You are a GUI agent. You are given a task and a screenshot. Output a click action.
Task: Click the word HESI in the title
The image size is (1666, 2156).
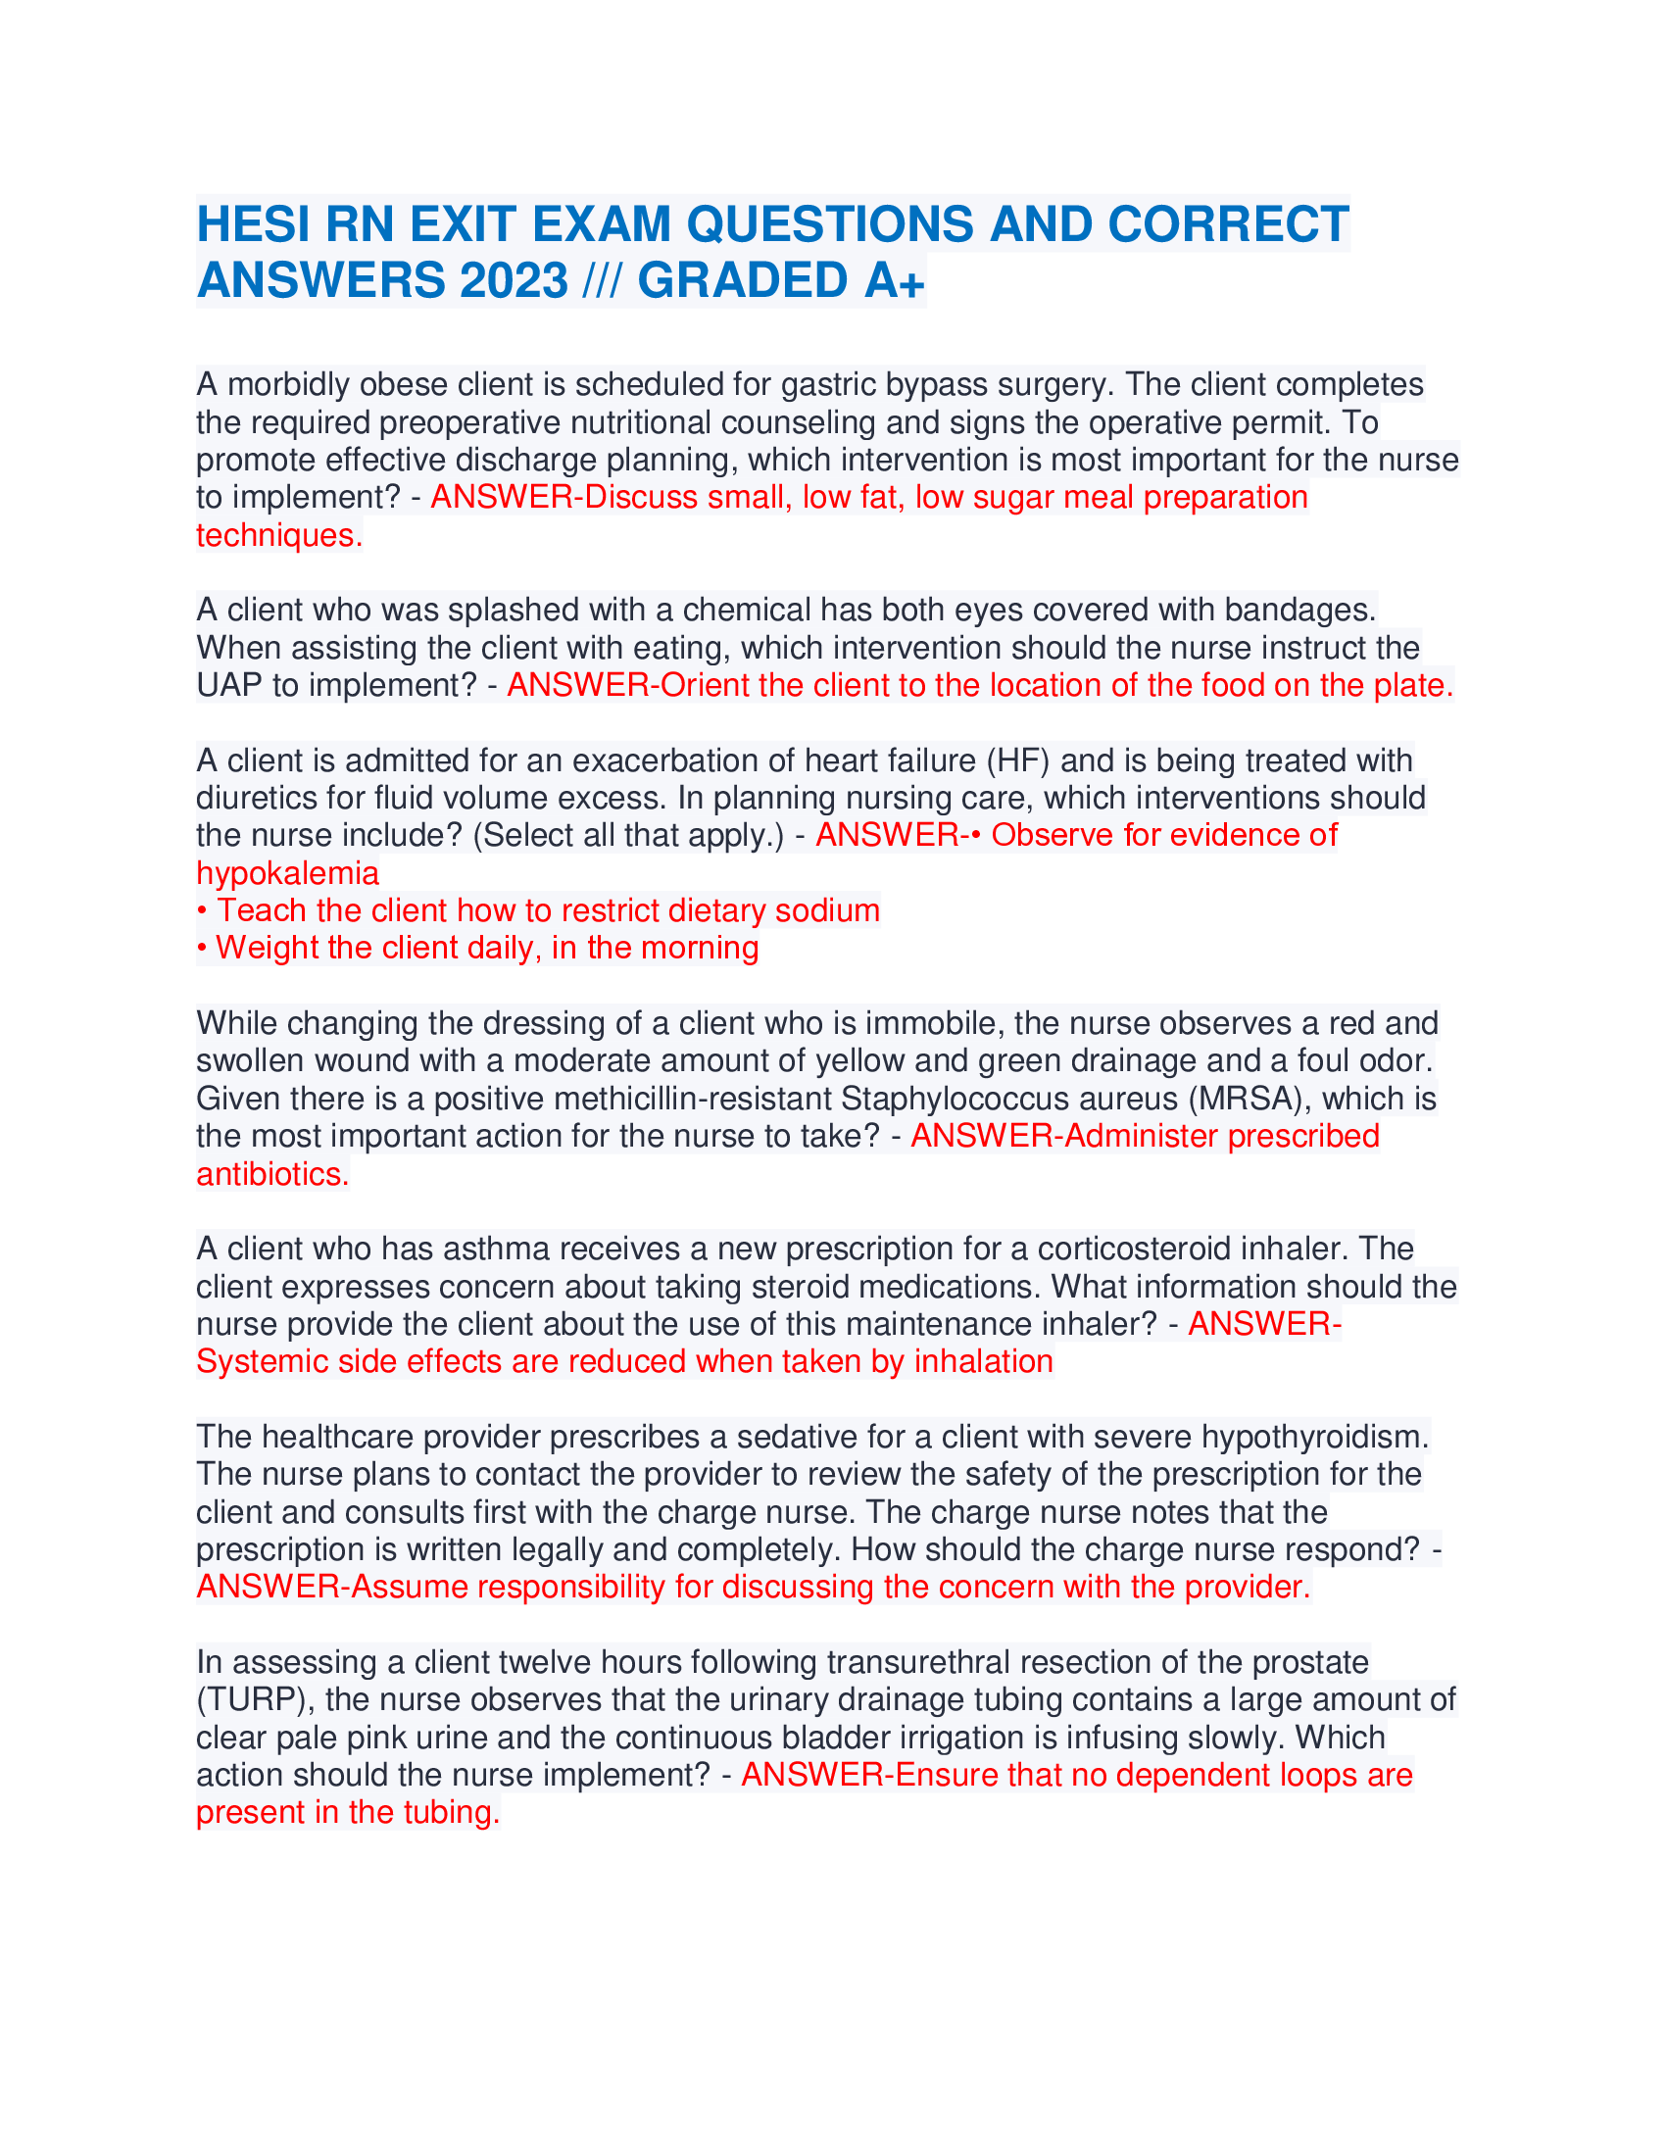tap(253, 224)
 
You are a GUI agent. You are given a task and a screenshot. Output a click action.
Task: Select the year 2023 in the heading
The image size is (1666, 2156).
tap(514, 280)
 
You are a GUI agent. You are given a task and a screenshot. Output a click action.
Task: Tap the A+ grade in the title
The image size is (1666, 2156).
tap(894, 280)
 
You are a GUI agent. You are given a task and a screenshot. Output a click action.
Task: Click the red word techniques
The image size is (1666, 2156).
tap(278, 535)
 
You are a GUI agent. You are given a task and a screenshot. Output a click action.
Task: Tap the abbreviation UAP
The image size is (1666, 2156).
tap(229, 685)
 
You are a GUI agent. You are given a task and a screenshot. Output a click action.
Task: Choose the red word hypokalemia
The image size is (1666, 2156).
tap(287, 872)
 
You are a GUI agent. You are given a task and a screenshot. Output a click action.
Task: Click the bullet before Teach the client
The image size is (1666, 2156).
tap(201, 911)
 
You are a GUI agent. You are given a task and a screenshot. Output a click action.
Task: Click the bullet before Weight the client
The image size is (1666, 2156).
tap(201, 949)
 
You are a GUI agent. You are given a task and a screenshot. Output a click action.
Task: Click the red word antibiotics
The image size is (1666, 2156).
tap(271, 1174)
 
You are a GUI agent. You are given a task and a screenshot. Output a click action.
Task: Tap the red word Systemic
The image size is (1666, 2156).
tap(262, 1361)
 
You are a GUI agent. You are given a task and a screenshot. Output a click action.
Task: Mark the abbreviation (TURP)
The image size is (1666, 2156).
tap(252, 1700)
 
